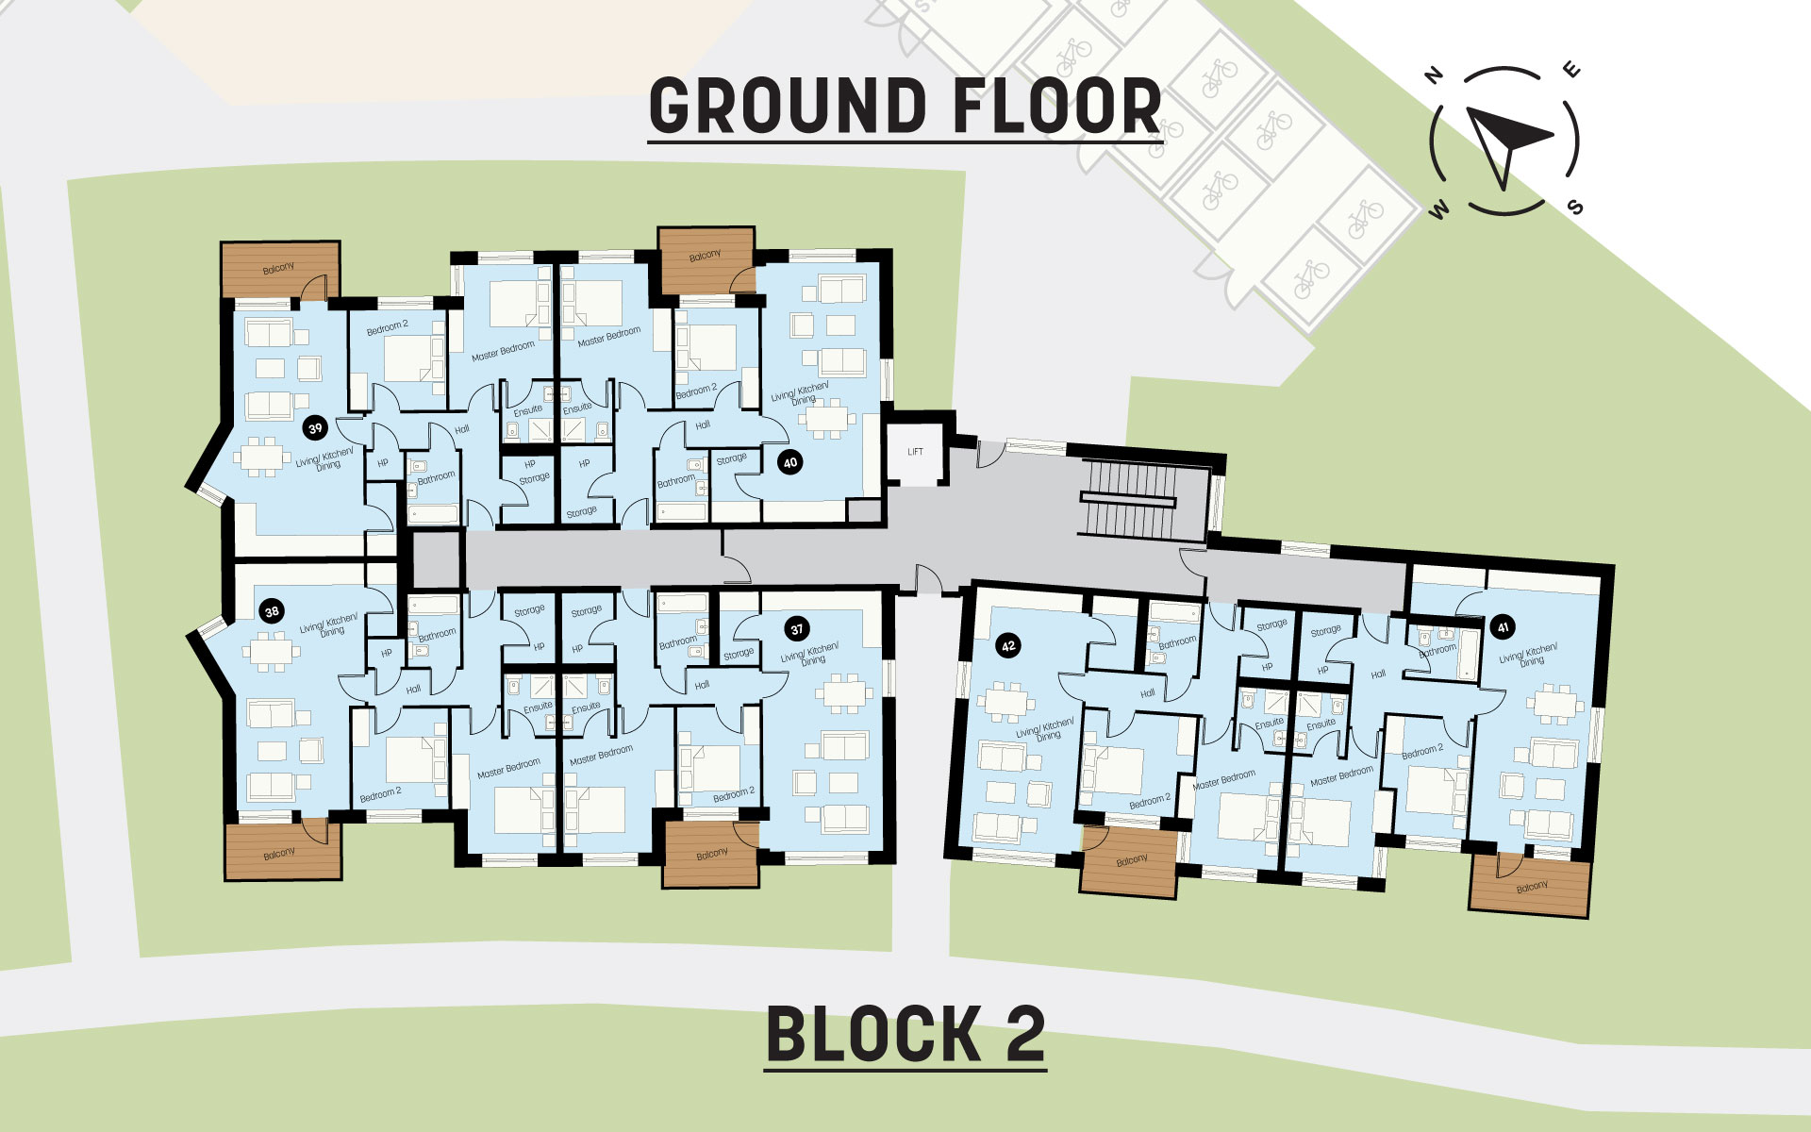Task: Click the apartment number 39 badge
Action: pyautogui.click(x=315, y=428)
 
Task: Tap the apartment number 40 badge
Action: pyautogui.click(x=790, y=462)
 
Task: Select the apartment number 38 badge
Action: pyautogui.click(x=272, y=611)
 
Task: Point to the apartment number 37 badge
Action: pyautogui.click(x=797, y=629)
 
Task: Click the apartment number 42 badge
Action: pyautogui.click(x=1008, y=646)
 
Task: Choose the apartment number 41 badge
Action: pyautogui.click(x=1503, y=627)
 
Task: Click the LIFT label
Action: pyautogui.click(x=915, y=452)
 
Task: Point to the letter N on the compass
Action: pyautogui.click(x=1435, y=75)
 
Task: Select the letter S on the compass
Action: pyautogui.click(x=1575, y=208)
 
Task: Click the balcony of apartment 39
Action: pyautogui.click(x=279, y=270)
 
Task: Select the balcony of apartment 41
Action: pyautogui.click(x=1530, y=886)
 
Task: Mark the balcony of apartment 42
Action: pyautogui.click(x=1130, y=860)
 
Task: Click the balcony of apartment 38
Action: pyautogui.click(x=282, y=853)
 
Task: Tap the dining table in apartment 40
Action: pyautogui.click(x=827, y=418)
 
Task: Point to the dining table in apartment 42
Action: pyautogui.click(x=1006, y=704)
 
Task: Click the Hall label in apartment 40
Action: pyautogui.click(x=703, y=425)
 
